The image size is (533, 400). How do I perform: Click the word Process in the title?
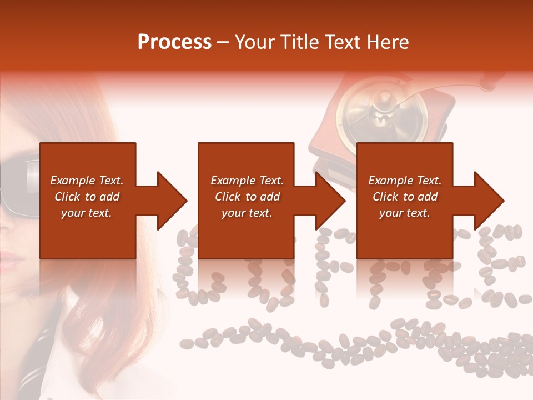coord(174,42)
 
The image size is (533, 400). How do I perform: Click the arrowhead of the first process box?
coord(172,201)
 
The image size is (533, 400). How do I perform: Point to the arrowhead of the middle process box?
coord(330,201)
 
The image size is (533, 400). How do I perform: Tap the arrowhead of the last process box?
coord(489,201)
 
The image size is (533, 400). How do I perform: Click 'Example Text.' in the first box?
coord(87,181)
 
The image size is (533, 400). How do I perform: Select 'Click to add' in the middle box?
coord(247,197)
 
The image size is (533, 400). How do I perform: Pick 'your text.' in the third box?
coord(405,213)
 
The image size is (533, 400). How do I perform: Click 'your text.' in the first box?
coord(87,213)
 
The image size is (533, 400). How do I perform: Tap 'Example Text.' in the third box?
coord(405,181)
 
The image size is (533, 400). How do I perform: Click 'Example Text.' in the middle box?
coord(247,181)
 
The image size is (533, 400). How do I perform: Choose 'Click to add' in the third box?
coord(405,197)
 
